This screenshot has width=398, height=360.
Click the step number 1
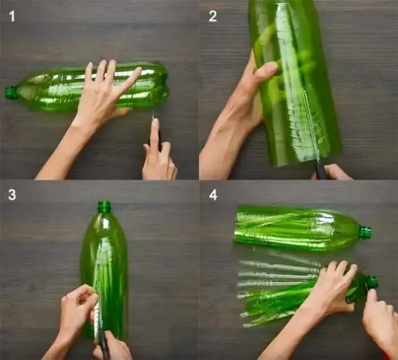[x=12, y=17]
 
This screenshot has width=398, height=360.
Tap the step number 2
[x=213, y=17]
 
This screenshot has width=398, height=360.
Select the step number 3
[x=12, y=195]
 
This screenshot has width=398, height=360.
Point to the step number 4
[x=213, y=195]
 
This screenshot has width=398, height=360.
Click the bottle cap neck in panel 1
[x=11, y=92]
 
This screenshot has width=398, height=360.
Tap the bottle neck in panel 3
[x=104, y=207]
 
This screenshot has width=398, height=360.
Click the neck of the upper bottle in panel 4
[x=366, y=231]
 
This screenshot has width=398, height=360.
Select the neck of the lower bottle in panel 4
[x=372, y=283]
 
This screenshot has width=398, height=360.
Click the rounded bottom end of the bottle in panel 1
[x=162, y=84]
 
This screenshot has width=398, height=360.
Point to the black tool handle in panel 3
[x=104, y=346]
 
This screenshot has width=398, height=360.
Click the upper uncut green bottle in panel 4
[x=302, y=228]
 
